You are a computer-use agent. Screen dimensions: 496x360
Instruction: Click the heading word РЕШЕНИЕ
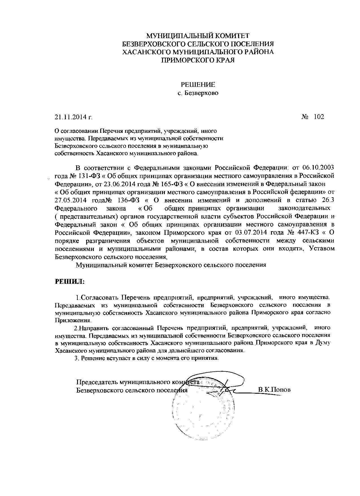click(x=198, y=85)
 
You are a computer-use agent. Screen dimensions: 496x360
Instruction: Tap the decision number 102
click(x=318, y=117)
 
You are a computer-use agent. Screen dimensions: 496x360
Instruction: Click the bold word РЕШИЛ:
click(x=69, y=281)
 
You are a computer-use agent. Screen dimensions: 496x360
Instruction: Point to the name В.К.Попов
click(x=274, y=390)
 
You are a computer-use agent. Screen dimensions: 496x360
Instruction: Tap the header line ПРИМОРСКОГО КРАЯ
click(x=198, y=60)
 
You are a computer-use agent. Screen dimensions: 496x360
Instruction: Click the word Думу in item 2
click(x=322, y=343)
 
